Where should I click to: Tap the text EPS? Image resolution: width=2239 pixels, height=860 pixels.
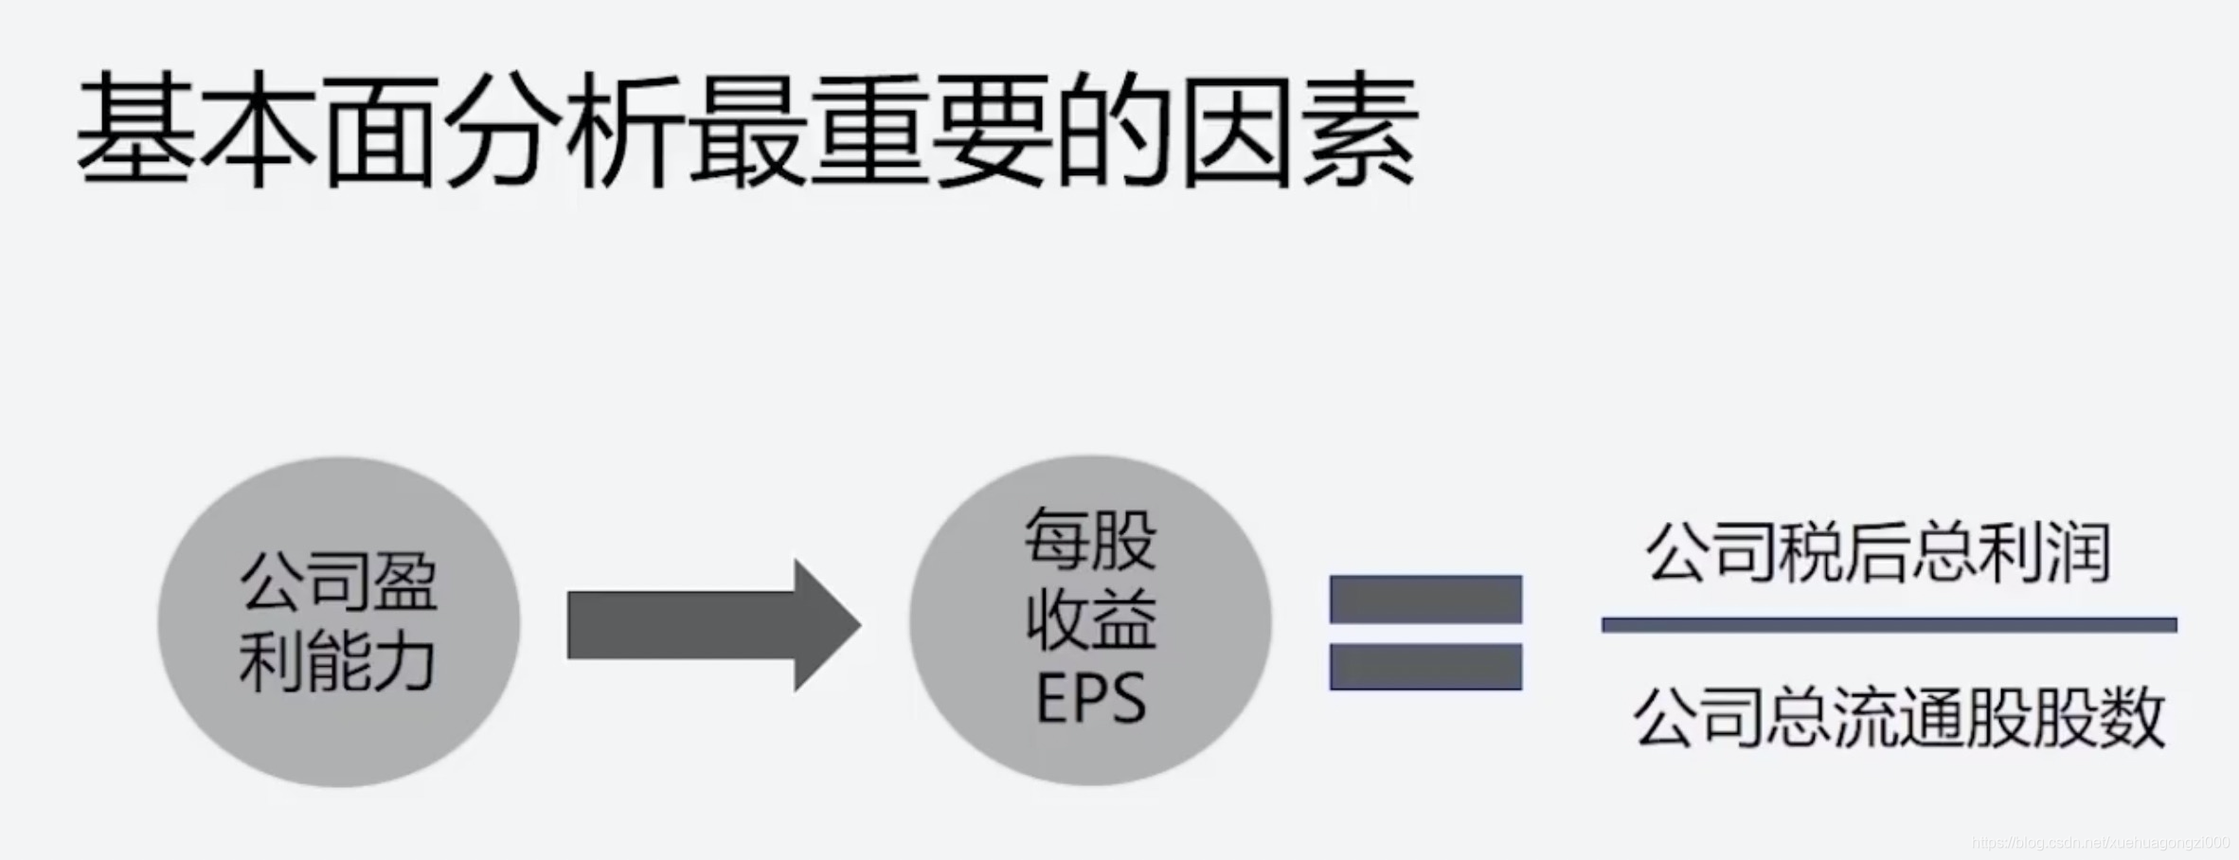(x=1090, y=699)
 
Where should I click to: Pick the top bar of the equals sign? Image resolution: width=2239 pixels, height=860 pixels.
(x=1425, y=599)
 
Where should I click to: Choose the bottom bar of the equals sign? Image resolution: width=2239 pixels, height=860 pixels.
(x=1425, y=667)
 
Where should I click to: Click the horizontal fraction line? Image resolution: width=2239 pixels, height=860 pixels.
(x=1889, y=624)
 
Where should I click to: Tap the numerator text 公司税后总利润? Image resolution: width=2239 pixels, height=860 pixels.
(x=1878, y=553)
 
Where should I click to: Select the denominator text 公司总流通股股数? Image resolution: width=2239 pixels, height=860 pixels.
(x=1898, y=718)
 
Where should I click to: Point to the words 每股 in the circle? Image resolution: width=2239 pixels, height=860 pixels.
(x=1090, y=540)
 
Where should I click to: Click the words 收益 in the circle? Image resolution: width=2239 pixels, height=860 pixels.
(x=1090, y=619)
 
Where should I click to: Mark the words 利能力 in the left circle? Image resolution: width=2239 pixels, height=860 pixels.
(x=337, y=661)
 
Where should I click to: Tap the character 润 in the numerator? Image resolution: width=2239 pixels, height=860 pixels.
(x=2078, y=553)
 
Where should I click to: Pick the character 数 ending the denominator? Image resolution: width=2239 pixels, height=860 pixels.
(x=2132, y=718)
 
